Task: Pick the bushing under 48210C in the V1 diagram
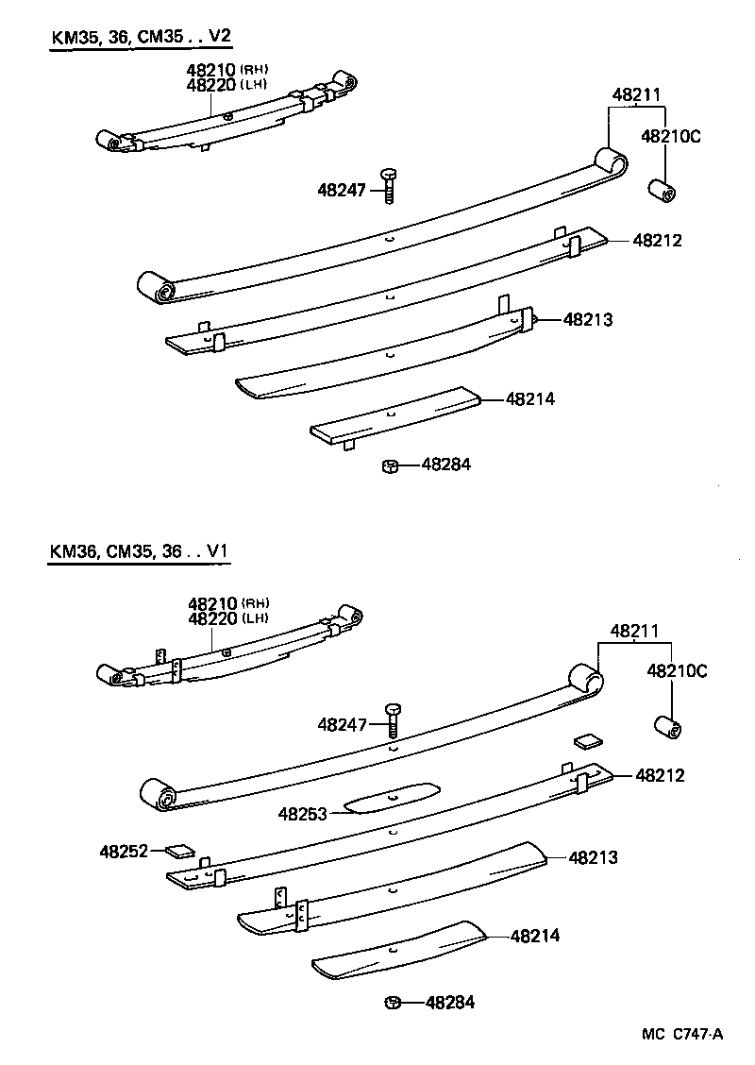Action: coord(669,728)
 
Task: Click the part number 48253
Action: coord(302,812)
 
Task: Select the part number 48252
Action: coord(124,851)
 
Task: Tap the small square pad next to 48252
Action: coord(177,850)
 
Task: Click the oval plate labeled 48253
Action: coord(393,796)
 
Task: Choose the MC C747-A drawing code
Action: coord(682,1034)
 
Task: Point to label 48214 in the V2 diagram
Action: coord(529,399)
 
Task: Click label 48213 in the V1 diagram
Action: coord(593,857)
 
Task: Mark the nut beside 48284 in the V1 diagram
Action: coord(393,1003)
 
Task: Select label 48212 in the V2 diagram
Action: coord(657,241)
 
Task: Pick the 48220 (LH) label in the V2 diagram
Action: coord(227,85)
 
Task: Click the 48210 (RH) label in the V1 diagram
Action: coord(228,603)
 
